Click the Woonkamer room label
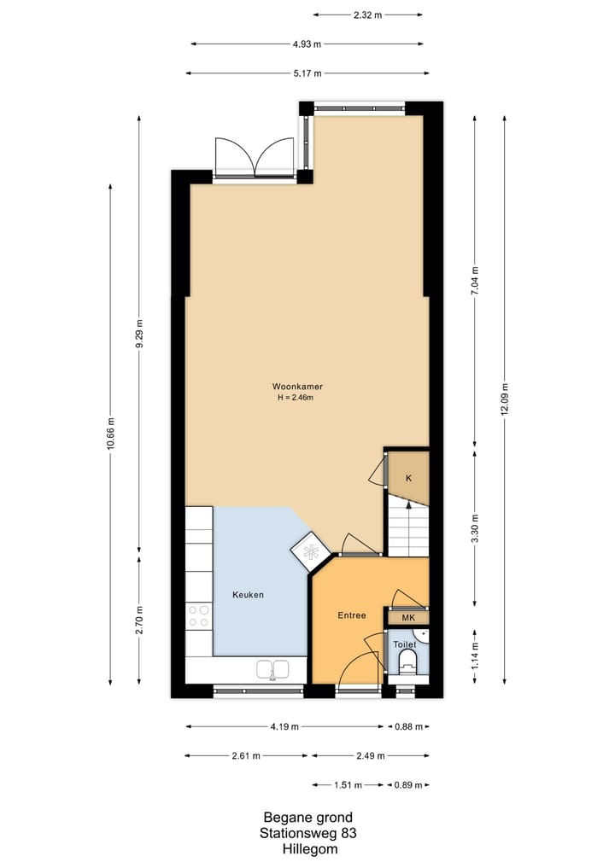coord(297,386)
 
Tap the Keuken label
coord(249,595)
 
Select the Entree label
coord(351,615)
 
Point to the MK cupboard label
coord(408,617)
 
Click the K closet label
coord(408,478)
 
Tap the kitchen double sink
coord(271,670)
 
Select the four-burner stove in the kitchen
coord(199,616)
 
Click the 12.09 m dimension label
coord(505,399)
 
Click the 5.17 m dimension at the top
coord(307,73)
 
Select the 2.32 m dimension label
coord(367,15)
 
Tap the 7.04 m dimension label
coord(475,281)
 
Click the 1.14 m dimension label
coord(475,656)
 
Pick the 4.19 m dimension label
coord(284,727)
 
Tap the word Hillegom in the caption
coord(307,849)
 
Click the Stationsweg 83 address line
coord(307,833)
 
